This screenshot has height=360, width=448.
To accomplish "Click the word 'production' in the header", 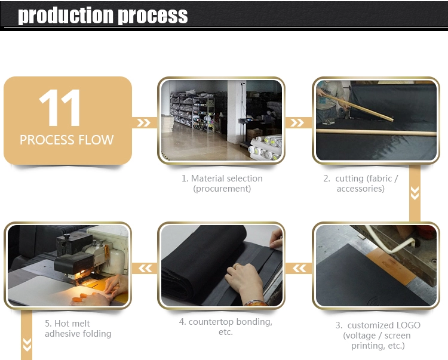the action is coord(66,16).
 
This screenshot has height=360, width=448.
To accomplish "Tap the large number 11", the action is coord(59,107).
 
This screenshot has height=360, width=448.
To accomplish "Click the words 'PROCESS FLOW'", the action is coord(66,140).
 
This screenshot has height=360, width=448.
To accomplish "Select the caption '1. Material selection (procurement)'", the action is coord(222,183).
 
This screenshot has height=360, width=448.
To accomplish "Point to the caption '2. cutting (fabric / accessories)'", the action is coord(361,183).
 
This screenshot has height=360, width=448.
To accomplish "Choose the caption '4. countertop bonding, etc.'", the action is coord(226,327).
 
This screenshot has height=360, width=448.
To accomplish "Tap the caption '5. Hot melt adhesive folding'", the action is coord(78,328).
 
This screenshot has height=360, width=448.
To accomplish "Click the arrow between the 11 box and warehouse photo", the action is coord(143,123).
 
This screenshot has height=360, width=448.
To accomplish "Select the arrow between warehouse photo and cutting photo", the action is coord(297,123).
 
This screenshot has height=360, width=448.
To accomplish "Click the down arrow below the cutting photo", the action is coord(415,193).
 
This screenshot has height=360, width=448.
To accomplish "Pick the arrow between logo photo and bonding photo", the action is coord(299,269).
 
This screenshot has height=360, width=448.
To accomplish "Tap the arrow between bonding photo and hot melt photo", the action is coord(145,269).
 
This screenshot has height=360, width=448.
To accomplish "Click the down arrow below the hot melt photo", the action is coord(27,344).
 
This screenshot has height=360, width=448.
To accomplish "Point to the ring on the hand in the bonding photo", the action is coord(237,266).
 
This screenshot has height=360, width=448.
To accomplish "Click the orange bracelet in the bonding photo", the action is coord(255,303).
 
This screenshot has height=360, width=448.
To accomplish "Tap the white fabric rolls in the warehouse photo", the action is coord(265,147).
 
